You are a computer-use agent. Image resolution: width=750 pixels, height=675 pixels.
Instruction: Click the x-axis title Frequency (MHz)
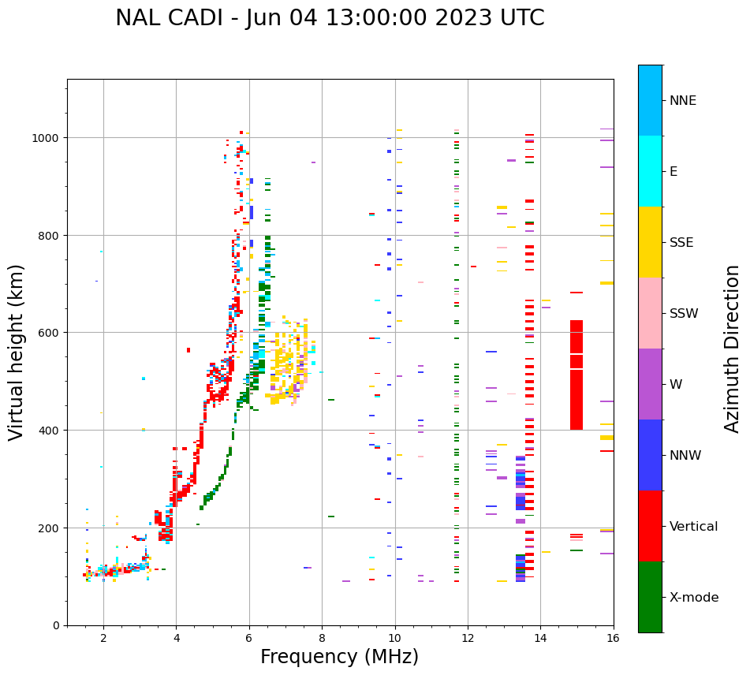pyautogui.click(x=339, y=657)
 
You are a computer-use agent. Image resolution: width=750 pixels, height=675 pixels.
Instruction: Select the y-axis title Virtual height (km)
pyautogui.click(x=17, y=352)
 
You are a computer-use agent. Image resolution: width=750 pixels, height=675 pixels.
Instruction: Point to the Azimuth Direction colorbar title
pyautogui.click(x=732, y=349)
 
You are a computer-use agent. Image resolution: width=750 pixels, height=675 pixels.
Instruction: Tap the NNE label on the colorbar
pyautogui.click(x=683, y=100)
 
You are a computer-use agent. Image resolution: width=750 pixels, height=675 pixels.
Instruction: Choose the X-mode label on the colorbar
pyautogui.click(x=694, y=598)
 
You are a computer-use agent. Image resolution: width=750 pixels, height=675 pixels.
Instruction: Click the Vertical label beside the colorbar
pyautogui.click(x=694, y=527)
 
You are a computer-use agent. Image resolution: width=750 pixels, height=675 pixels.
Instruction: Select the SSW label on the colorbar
pyautogui.click(x=684, y=313)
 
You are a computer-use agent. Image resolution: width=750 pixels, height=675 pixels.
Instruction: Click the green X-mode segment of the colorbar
pyautogui.click(x=650, y=597)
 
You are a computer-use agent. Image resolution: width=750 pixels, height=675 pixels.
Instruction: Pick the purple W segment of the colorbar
pyautogui.click(x=650, y=384)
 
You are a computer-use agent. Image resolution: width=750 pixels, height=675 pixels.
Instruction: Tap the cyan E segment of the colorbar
pyautogui.click(x=650, y=171)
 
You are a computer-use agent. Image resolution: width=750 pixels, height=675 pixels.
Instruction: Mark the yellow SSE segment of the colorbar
pyautogui.click(x=650, y=242)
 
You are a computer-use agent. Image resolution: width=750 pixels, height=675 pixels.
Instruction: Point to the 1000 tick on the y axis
pyautogui.click(x=47, y=138)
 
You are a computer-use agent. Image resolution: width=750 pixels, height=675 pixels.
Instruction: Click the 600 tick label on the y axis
pyautogui.click(x=50, y=333)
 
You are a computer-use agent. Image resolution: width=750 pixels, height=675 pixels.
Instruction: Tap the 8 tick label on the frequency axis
pyautogui.click(x=322, y=639)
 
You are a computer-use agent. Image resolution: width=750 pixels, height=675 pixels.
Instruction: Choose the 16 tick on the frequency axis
pyautogui.click(x=614, y=639)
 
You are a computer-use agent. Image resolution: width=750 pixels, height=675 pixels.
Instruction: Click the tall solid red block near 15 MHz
pyautogui.click(x=576, y=375)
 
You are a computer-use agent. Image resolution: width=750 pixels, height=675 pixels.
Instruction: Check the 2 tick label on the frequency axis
pyautogui.click(x=103, y=639)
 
